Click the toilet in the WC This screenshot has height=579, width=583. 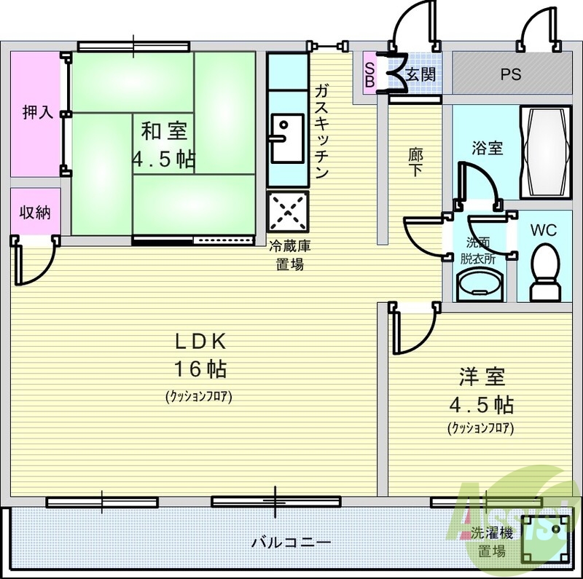point(544,272)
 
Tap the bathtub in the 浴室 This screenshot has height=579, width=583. point(545,152)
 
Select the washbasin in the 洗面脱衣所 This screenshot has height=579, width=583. point(480,285)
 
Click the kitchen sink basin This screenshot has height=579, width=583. point(287,138)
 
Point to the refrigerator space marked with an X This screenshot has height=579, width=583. point(288,212)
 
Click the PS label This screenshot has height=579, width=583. point(511,74)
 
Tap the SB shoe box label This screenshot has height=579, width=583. point(369,75)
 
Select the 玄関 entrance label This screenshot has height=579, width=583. point(420,75)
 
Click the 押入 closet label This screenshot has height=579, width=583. point(38,112)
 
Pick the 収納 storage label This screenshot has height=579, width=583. point(35,212)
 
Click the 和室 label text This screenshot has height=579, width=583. point(165,131)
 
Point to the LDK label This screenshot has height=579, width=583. point(201,342)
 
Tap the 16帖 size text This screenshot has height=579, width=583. point(200,369)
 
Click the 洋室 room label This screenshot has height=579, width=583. point(482,376)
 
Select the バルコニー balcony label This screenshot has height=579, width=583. point(291,543)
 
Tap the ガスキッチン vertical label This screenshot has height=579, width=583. point(321,131)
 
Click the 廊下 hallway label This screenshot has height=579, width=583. point(415,162)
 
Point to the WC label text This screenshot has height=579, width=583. point(543,230)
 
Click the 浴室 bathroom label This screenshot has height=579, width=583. point(487,149)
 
